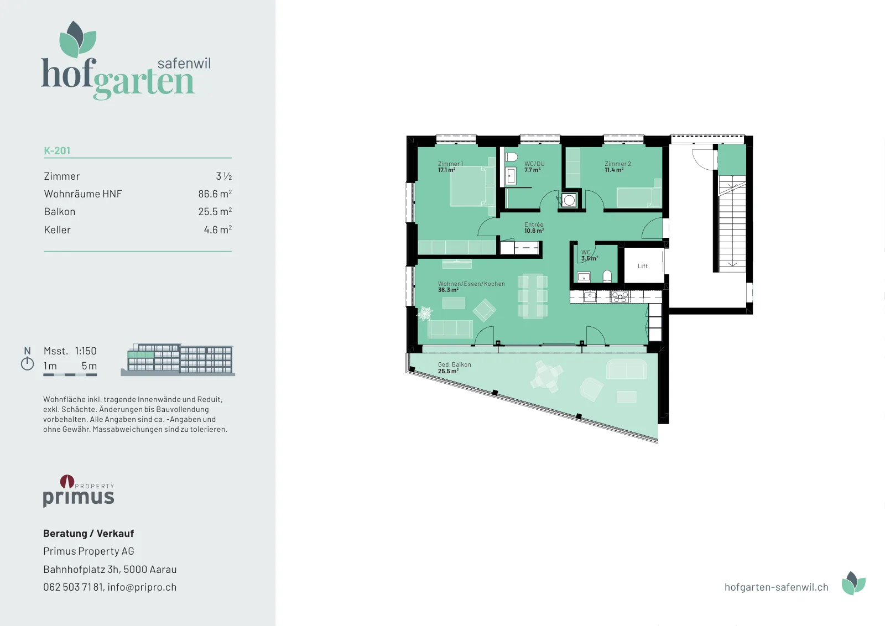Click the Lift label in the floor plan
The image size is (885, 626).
tap(642, 266)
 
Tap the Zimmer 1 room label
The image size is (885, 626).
tap(450, 164)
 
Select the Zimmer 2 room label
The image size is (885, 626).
tap(617, 164)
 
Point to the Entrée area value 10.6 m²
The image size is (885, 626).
tap(534, 231)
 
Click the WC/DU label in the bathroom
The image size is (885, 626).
tap(534, 164)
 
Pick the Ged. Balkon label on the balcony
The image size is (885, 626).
tap(454, 364)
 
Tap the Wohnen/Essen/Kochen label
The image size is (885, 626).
tap(471, 284)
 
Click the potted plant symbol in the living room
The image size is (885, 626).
tap(425, 314)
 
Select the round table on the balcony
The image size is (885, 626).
tap(548, 377)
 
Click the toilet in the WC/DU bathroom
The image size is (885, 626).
tap(511, 157)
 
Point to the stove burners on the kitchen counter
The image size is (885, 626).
tap(619, 296)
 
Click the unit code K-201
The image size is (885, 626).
tap(57, 150)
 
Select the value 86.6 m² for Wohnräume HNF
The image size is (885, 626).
tap(215, 194)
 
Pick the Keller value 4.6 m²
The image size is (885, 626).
tap(218, 229)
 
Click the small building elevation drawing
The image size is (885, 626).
tap(178, 359)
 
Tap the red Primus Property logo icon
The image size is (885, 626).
tap(67, 481)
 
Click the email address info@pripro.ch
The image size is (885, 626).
tap(142, 587)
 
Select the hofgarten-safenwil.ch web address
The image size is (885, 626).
tap(777, 587)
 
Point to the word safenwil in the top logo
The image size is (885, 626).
tap(184, 63)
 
